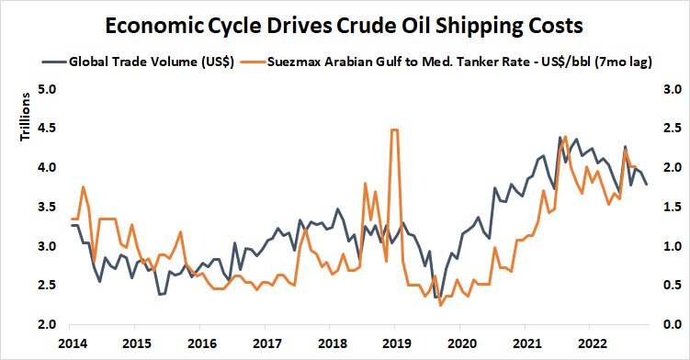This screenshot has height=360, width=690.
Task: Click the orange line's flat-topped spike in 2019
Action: click(x=394, y=130)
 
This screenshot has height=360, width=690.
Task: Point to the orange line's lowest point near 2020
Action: click(x=441, y=304)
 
